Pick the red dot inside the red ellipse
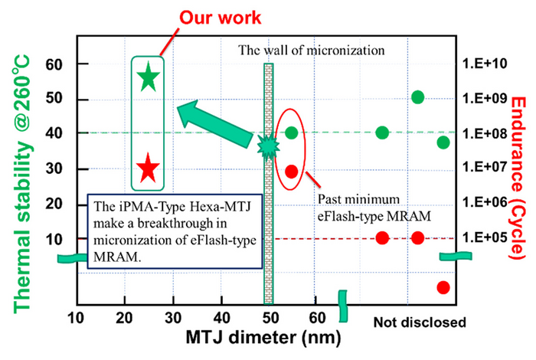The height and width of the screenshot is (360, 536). click(x=292, y=172)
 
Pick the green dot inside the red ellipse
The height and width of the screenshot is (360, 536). click(x=292, y=133)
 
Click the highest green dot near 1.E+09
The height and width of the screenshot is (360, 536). click(x=418, y=97)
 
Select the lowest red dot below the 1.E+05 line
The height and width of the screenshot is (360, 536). click(x=443, y=287)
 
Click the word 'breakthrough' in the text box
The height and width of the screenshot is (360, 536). click(x=170, y=224)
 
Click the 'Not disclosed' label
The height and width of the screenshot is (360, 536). click(x=419, y=322)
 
